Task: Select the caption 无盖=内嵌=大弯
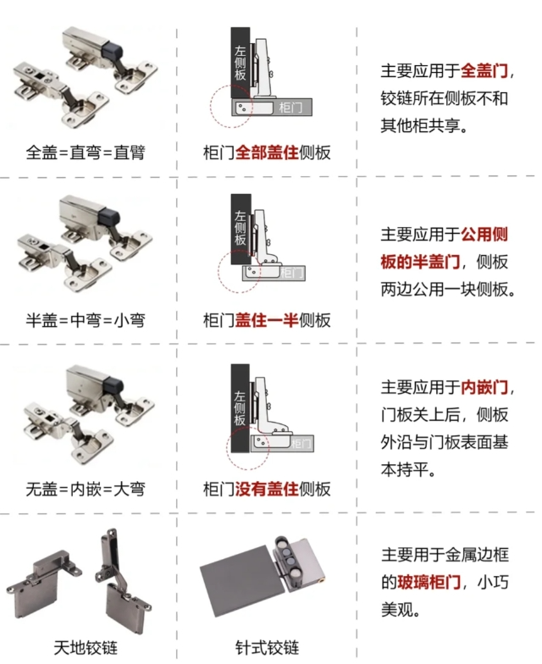pos(85,489)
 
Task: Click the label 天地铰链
pos(85,648)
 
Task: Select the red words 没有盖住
pos(262,489)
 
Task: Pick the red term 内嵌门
pos(486,388)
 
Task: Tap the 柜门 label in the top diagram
pos(290,108)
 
